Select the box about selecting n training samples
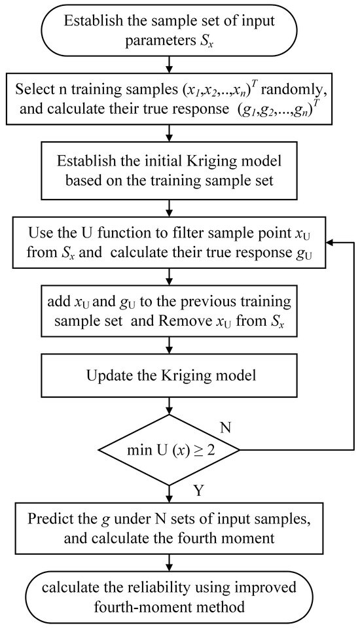pyautogui.click(x=170, y=99)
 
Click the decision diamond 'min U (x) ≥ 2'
pyautogui.click(x=170, y=449)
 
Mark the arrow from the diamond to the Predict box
pyautogui.click(x=170, y=491)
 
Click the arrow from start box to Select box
pyautogui.click(x=170, y=65)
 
